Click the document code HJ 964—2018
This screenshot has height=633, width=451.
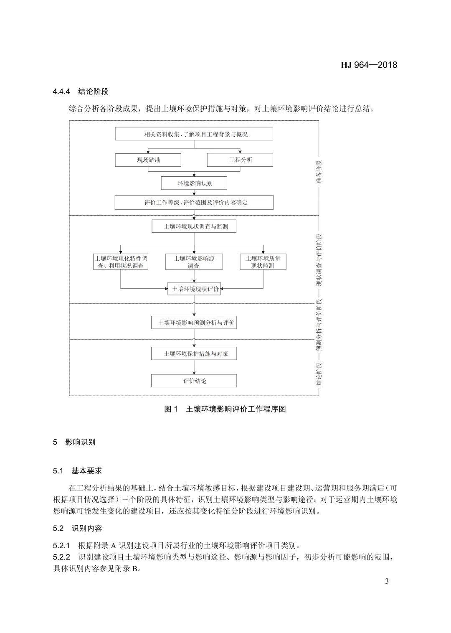(x=369, y=65)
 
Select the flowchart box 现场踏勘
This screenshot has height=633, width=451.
(x=148, y=160)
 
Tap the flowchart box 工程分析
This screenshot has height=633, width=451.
(x=240, y=160)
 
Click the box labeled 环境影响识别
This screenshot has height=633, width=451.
(x=194, y=183)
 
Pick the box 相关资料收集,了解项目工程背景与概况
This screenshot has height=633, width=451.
(x=194, y=134)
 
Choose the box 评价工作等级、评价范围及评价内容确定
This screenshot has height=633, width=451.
(x=194, y=203)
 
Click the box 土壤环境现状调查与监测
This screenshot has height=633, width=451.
(x=194, y=226)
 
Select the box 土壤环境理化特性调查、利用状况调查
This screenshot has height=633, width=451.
(x=121, y=262)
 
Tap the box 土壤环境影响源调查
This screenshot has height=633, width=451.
(x=194, y=262)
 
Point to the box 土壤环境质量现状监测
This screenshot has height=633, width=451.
(x=263, y=262)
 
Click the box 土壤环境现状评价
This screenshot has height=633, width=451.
(x=194, y=289)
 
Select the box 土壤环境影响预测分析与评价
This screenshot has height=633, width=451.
(x=194, y=323)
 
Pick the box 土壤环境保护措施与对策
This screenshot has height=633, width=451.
(x=194, y=353)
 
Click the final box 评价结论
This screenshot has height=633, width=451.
(x=194, y=381)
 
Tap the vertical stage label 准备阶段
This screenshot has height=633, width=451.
(x=319, y=172)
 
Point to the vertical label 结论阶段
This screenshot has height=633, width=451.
(x=319, y=374)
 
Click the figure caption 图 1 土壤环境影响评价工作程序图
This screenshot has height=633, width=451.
(x=225, y=409)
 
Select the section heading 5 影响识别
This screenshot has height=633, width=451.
(x=74, y=442)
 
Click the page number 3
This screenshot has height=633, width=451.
(x=387, y=581)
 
